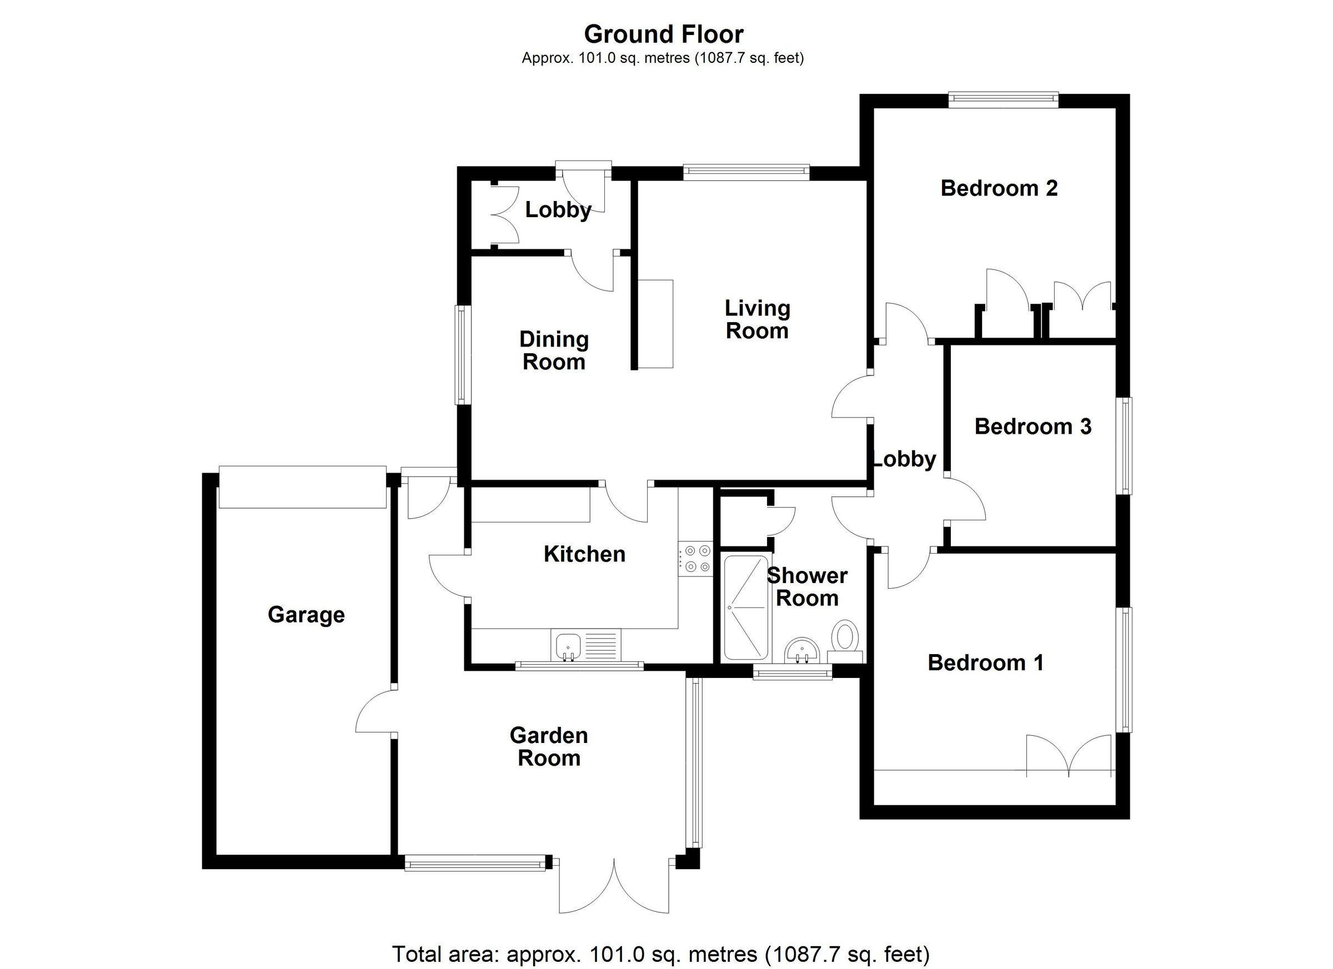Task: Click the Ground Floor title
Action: coord(663,34)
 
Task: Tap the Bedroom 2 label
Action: coord(999,188)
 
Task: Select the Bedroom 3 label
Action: coord(1033,426)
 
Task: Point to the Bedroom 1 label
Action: coord(986,663)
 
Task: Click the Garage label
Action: coord(306,615)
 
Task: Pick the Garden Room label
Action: coord(549,747)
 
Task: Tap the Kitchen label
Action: coord(584,554)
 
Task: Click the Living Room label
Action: coord(757,320)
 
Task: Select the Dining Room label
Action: coord(554,351)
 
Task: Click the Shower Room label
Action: coord(807,587)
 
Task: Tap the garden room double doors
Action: coord(614,888)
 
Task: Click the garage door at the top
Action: coord(302,486)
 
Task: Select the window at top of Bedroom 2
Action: coord(1003,100)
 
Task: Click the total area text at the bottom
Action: coord(660,953)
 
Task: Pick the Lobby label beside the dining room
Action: coord(558,210)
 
